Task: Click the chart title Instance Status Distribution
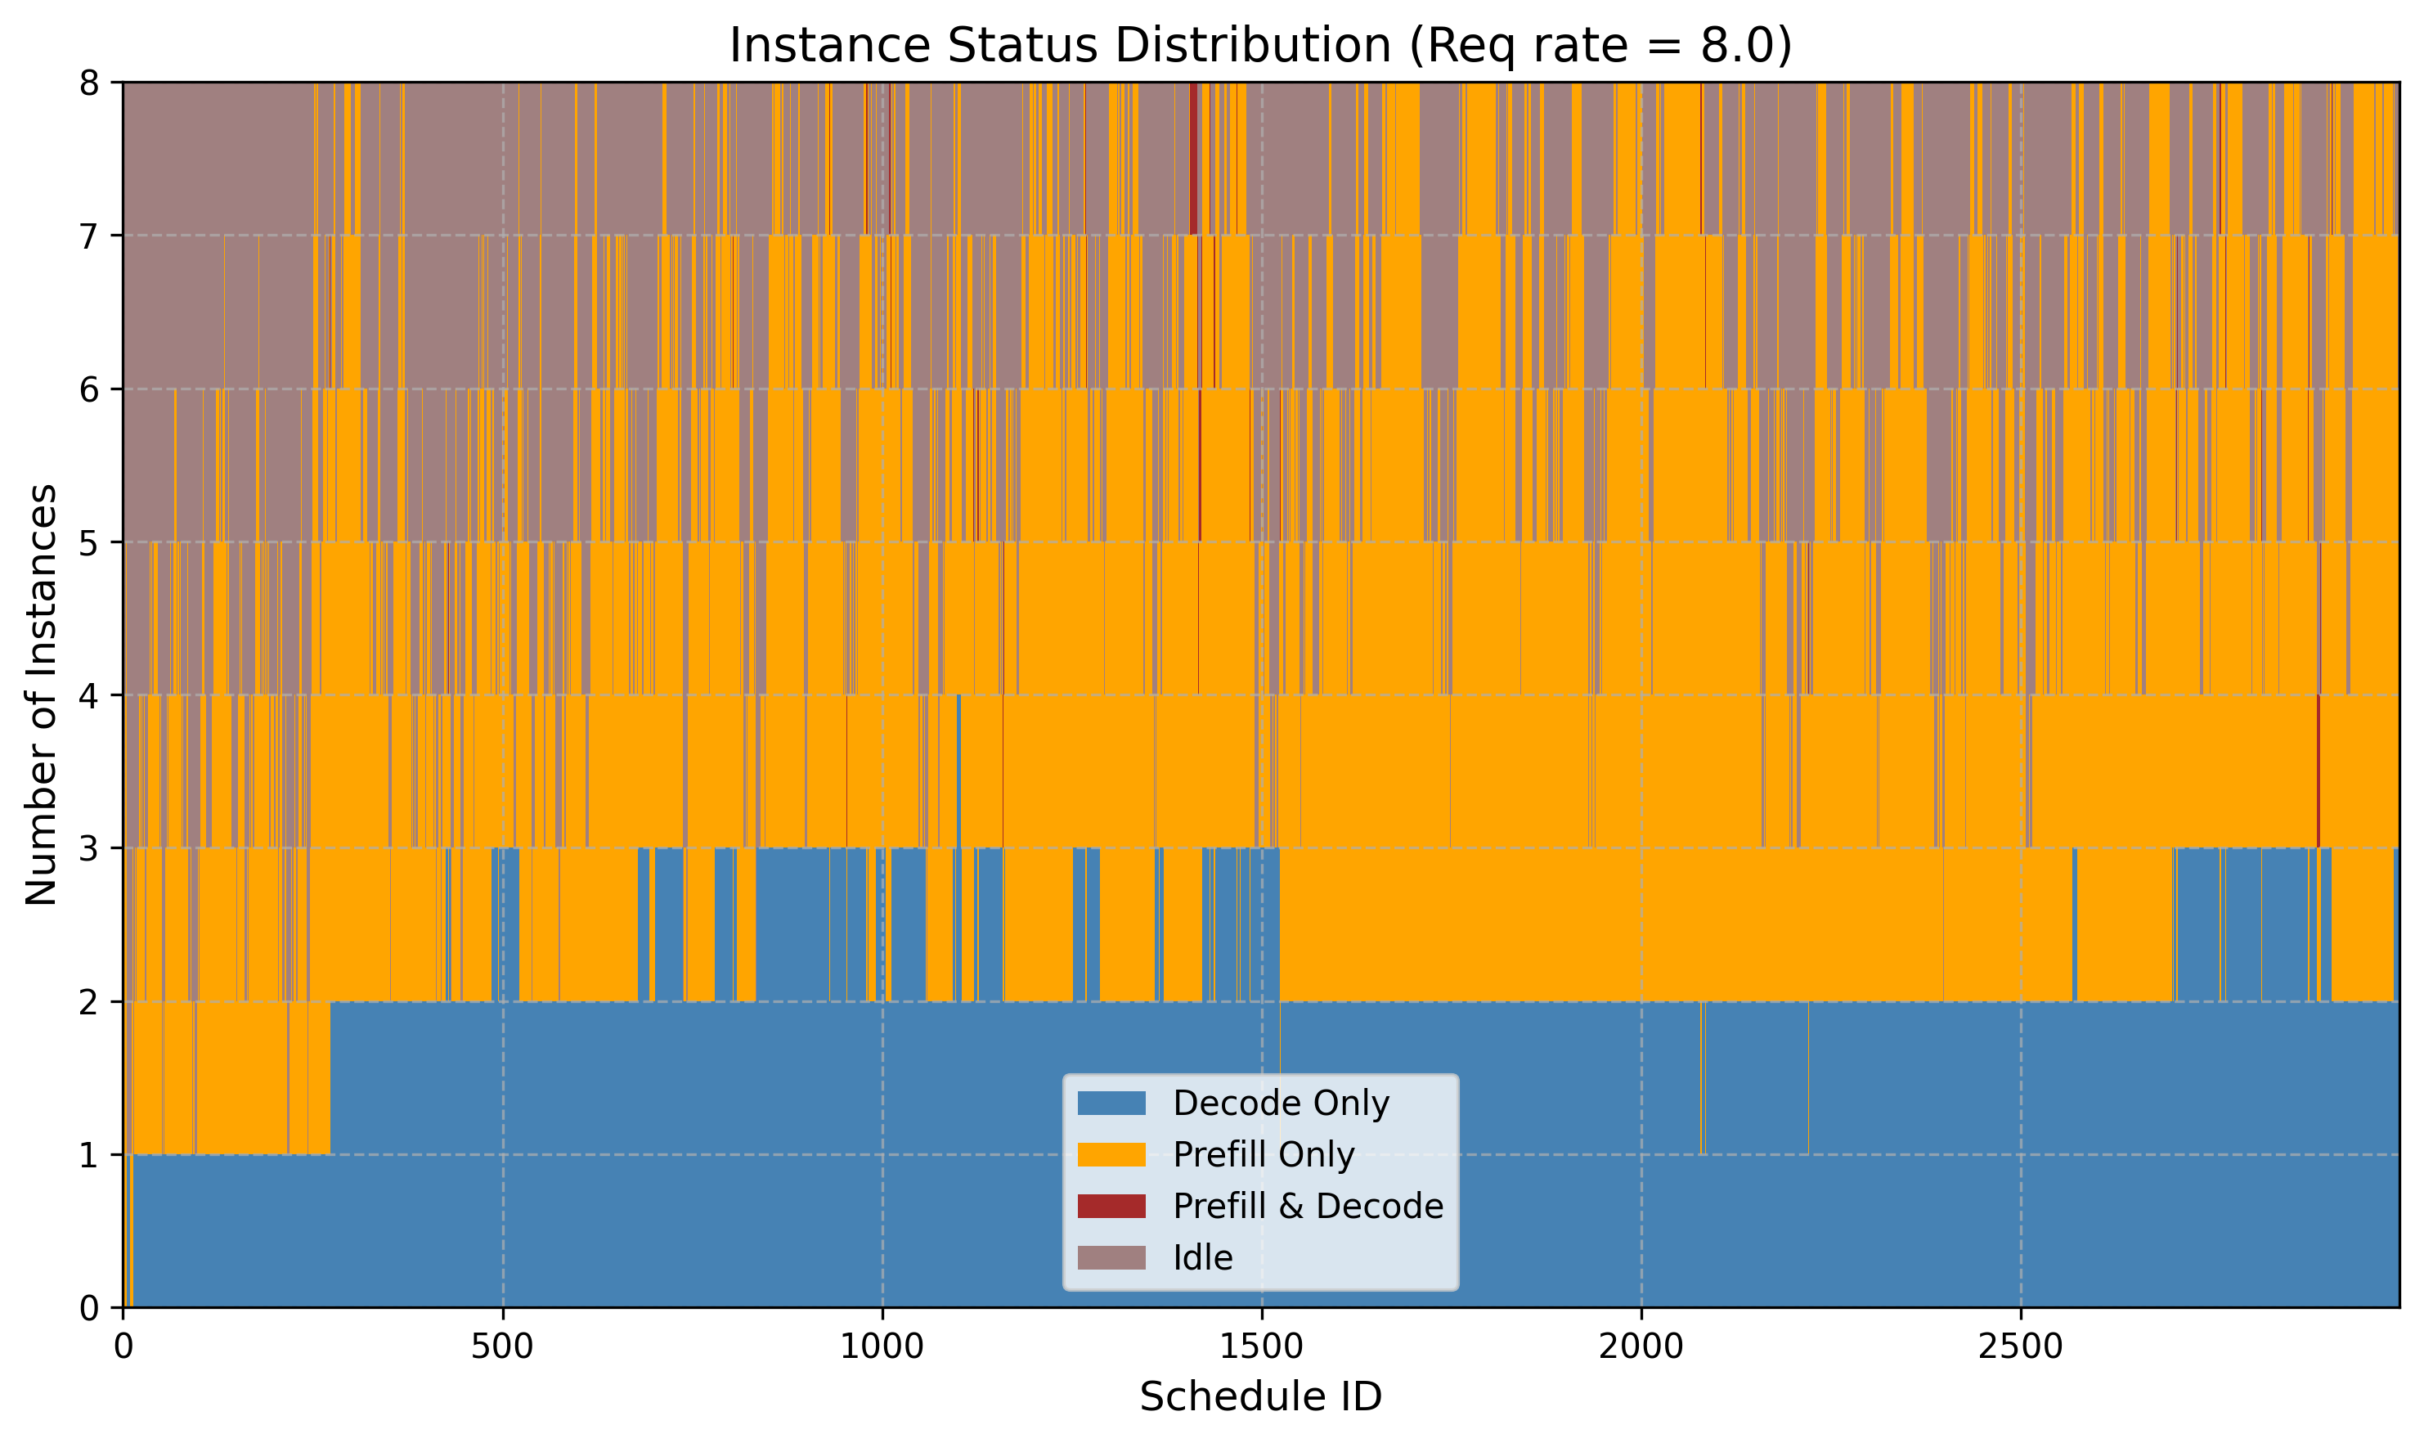[x=1259, y=46]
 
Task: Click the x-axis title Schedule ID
[x=1259, y=1397]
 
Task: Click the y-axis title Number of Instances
[x=42, y=695]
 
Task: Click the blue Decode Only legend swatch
[x=1111, y=1103]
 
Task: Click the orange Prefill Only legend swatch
[x=1111, y=1154]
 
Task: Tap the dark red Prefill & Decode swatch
[x=1111, y=1206]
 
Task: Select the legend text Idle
[x=1202, y=1258]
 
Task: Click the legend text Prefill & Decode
[x=1307, y=1206]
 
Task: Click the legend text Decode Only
[x=1280, y=1103]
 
